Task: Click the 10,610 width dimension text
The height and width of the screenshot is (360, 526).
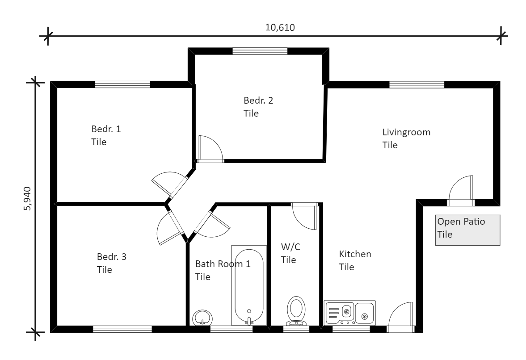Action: click(x=280, y=27)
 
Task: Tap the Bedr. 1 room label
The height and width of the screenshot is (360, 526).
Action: click(x=106, y=135)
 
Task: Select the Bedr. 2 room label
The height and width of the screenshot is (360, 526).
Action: click(x=258, y=106)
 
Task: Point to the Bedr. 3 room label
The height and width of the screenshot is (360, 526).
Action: click(x=111, y=263)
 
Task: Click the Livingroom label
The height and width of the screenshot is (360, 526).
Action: click(x=406, y=138)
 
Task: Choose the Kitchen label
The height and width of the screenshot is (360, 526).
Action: click(x=355, y=260)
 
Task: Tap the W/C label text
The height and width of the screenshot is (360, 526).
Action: click(x=289, y=253)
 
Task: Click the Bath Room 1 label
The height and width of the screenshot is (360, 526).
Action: click(x=222, y=270)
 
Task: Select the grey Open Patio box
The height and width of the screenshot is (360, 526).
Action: click(x=467, y=230)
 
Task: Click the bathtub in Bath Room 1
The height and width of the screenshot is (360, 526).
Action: click(x=249, y=286)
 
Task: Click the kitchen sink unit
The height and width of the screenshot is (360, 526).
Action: click(x=349, y=313)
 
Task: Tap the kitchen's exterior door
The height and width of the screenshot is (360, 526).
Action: click(x=402, y=318)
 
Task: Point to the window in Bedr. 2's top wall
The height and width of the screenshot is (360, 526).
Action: click(x=259, y=51)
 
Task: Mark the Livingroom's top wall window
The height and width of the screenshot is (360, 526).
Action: click(x=417, y=84)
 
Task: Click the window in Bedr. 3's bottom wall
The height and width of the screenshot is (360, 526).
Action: click(x=122, y=330)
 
